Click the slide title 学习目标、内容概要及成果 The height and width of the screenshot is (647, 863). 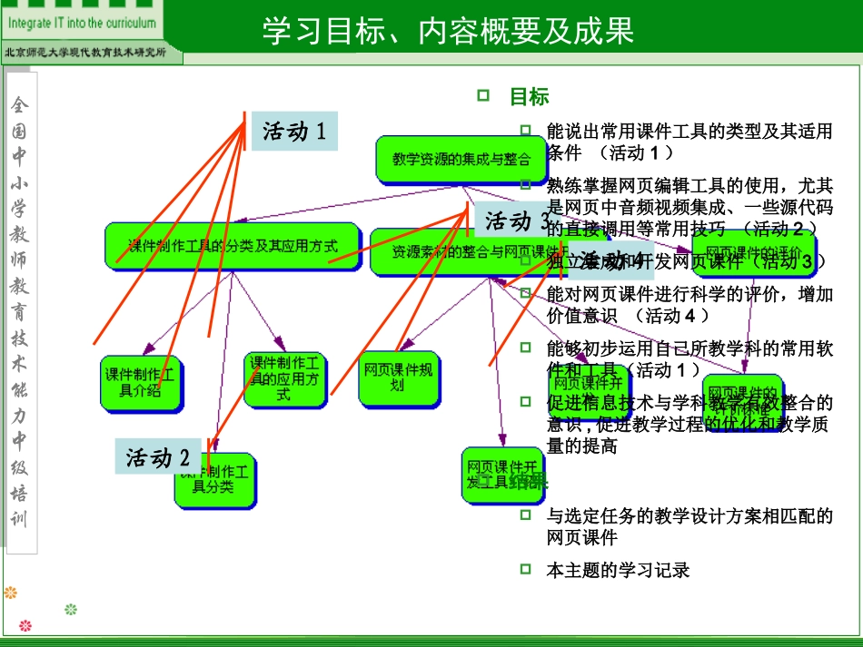tap(447, 31)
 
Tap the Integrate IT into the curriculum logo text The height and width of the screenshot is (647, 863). tap(83, 23)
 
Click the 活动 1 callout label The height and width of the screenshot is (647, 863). tap(294, 132)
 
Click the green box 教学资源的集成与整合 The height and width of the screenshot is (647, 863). tap(461, 160)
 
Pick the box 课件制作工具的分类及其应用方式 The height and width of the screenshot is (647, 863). tap(233, 245)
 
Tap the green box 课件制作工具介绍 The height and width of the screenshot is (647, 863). tap(140, 382)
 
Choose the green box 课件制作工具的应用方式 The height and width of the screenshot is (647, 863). tap(283, 378)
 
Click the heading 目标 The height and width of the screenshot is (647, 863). tap(529, 97)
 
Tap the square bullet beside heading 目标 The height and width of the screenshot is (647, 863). tap(483, 95)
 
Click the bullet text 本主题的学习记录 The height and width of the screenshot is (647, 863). tap(618, 570)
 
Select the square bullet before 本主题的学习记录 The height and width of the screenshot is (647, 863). tap(525, 569)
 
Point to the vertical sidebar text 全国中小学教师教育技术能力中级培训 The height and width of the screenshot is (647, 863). tap(20, 309)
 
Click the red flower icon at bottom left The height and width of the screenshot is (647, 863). tap(25, 625)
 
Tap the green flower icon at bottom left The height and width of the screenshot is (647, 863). tap(71, 609)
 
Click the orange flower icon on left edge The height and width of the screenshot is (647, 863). tap(11, 593)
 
